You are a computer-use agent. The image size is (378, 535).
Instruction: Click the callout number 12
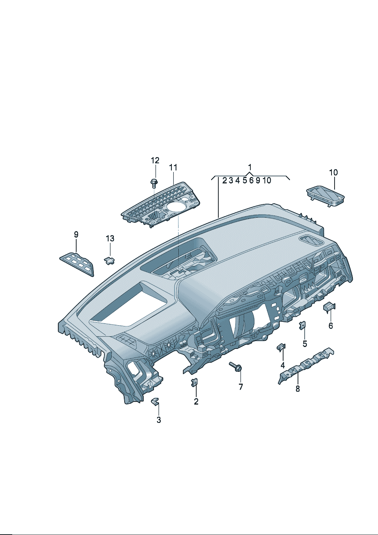pos(155,160)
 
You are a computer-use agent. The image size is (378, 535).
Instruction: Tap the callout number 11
pos(173,167)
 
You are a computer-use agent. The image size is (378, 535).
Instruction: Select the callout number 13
pos(110,238)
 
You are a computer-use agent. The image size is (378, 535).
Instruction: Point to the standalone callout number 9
pos(76,235)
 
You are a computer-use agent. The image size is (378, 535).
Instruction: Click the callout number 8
pos(298,389)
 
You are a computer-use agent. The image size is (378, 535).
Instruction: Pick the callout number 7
pos(240,387)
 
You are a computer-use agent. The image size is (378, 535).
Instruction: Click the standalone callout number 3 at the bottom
pos(159,420)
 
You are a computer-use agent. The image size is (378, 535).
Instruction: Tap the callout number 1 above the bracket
pos(250,167)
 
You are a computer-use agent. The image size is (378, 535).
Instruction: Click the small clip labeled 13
pos(109,260)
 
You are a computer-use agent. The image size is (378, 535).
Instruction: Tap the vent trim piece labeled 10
pos(325,196)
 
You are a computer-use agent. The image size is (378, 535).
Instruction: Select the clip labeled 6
pos(329,307)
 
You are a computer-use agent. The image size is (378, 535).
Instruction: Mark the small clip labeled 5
pos(303,326)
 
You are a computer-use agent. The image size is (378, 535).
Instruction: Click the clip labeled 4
pos(281,347)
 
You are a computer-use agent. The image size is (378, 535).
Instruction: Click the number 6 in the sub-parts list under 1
pos(251,180)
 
